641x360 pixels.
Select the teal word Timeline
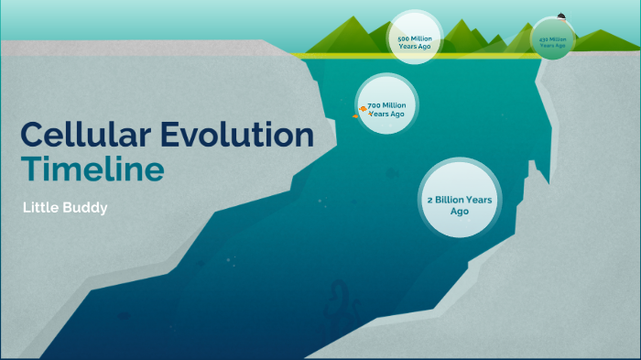pyautogui.click(x=93, y=169)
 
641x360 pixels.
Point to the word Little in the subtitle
pyautogui.click(x=42, y=208)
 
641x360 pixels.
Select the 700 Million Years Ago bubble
pyautogui.click(x=386, y=104)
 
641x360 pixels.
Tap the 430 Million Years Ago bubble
pyautogui.click(x=552, y=41)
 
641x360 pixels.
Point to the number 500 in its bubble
pyautogui.click(x=403, y=38)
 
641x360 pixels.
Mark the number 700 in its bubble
pyautogui.click(x=374, y=106)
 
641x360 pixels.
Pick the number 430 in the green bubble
pyautogui.click(x=544, y=39)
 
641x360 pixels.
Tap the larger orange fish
pyautogui.click(x=363, y=109)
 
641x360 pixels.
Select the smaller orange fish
pyautogui.click(x=354, y=116)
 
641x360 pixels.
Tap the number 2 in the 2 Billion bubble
pyautogui.click(x=430, y=199)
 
